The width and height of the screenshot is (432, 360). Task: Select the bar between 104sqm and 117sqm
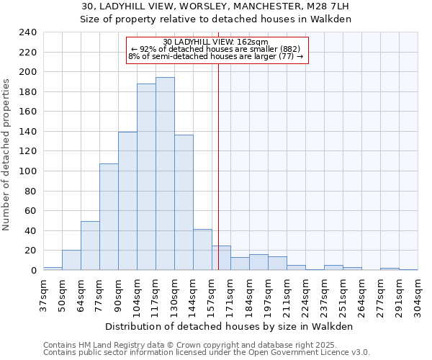click(x=146, y=177)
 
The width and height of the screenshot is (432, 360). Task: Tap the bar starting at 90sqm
click(x=127, y=201)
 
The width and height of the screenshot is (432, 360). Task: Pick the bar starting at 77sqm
click(x=109, y=217)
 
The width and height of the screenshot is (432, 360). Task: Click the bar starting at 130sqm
click(x=184, y=202)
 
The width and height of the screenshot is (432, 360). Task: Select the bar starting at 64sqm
click(x=90, y=246)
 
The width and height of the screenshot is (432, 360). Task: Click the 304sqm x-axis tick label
click(x=418, y=294)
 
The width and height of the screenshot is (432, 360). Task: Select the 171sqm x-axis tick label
click(x=230, y=294)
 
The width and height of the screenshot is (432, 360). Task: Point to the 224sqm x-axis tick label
click(x=305, y=294)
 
